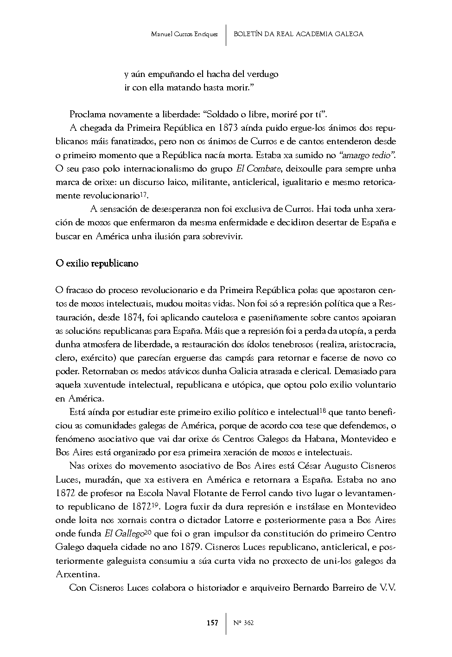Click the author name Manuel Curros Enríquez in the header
[x=185, y=34]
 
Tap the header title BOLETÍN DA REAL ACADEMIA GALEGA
[x=298, y=34]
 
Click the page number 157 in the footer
[x=212, y=623]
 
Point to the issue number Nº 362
[x=244, y=623]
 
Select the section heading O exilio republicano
[x=96, y=263]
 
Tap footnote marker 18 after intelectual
[x=323, y=410]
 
